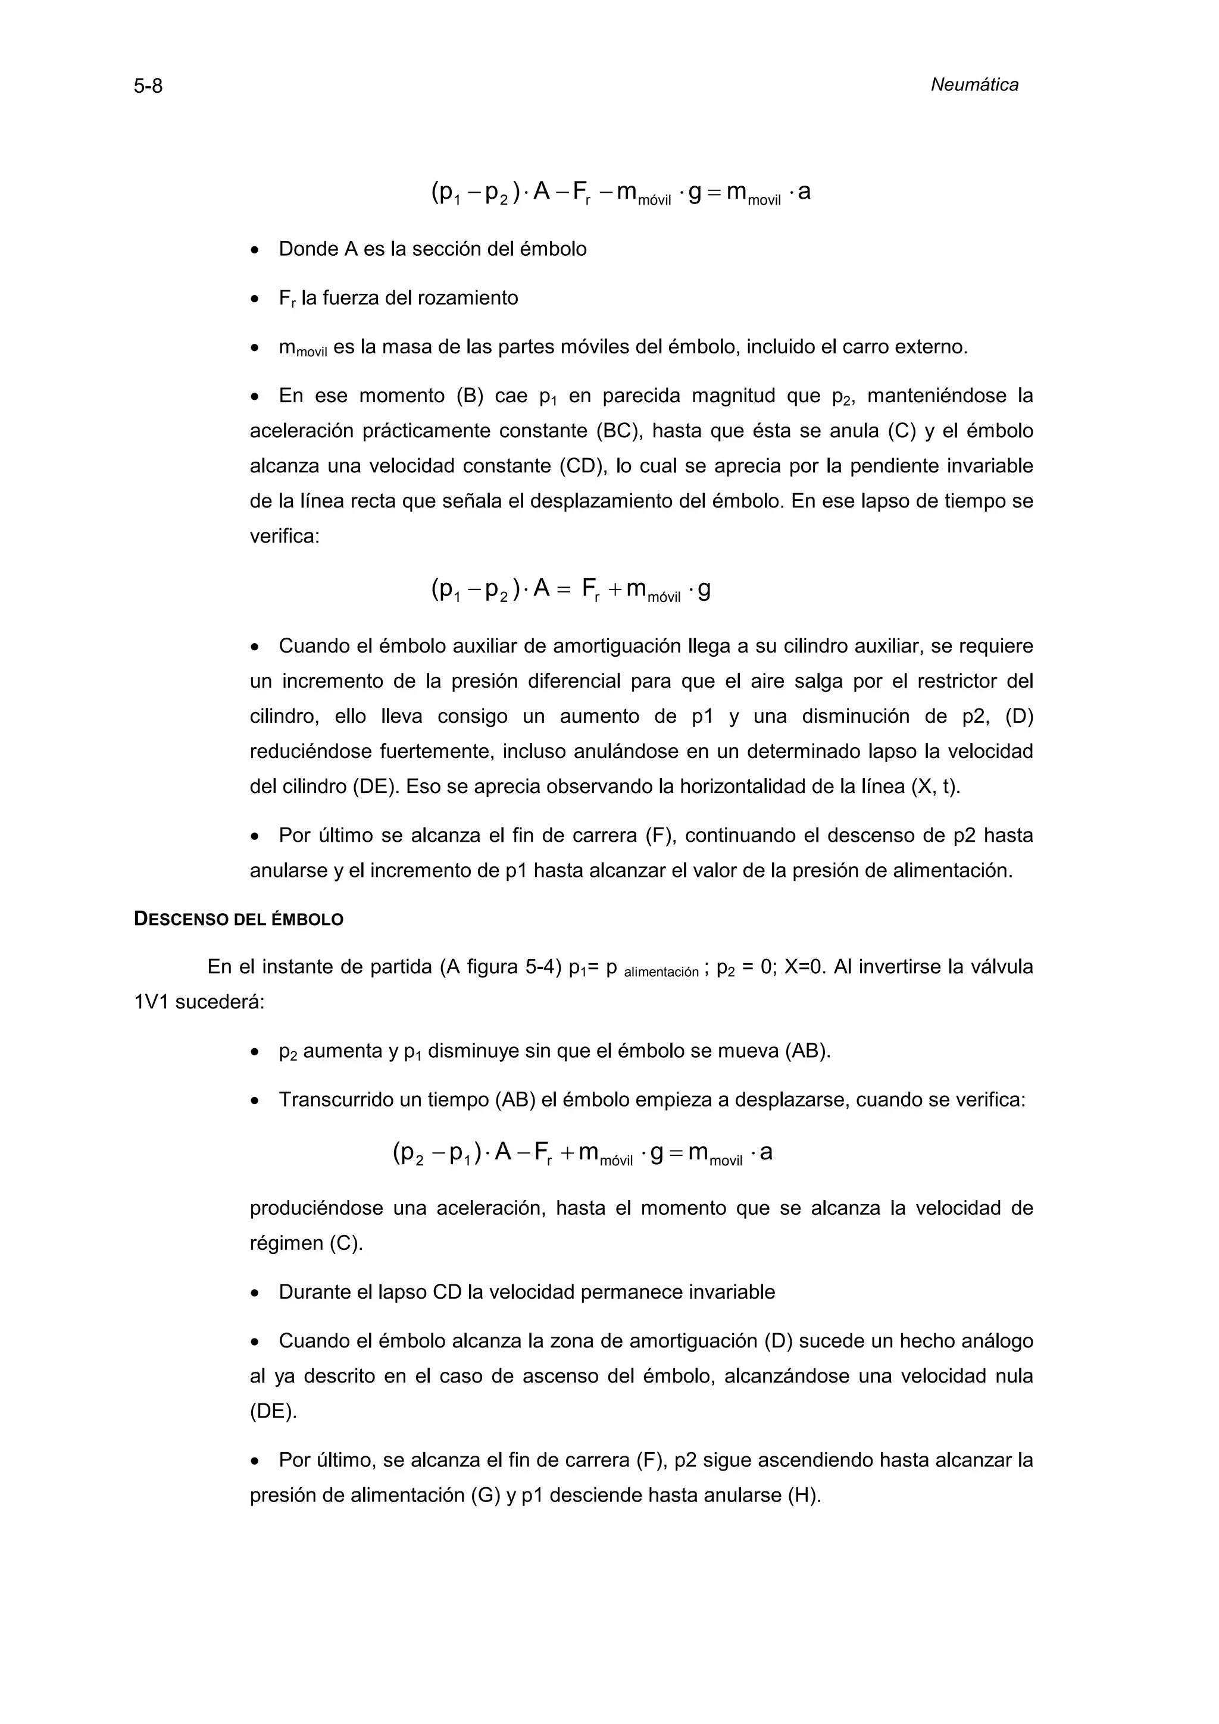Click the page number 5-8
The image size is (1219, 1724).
(x=148, y=87)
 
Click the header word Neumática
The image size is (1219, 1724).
(x=974, y=86)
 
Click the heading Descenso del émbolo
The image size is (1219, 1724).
(x=238, y=920)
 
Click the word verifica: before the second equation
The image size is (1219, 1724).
(x=285, y=537)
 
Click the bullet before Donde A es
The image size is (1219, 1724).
(x=255, y=250)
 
